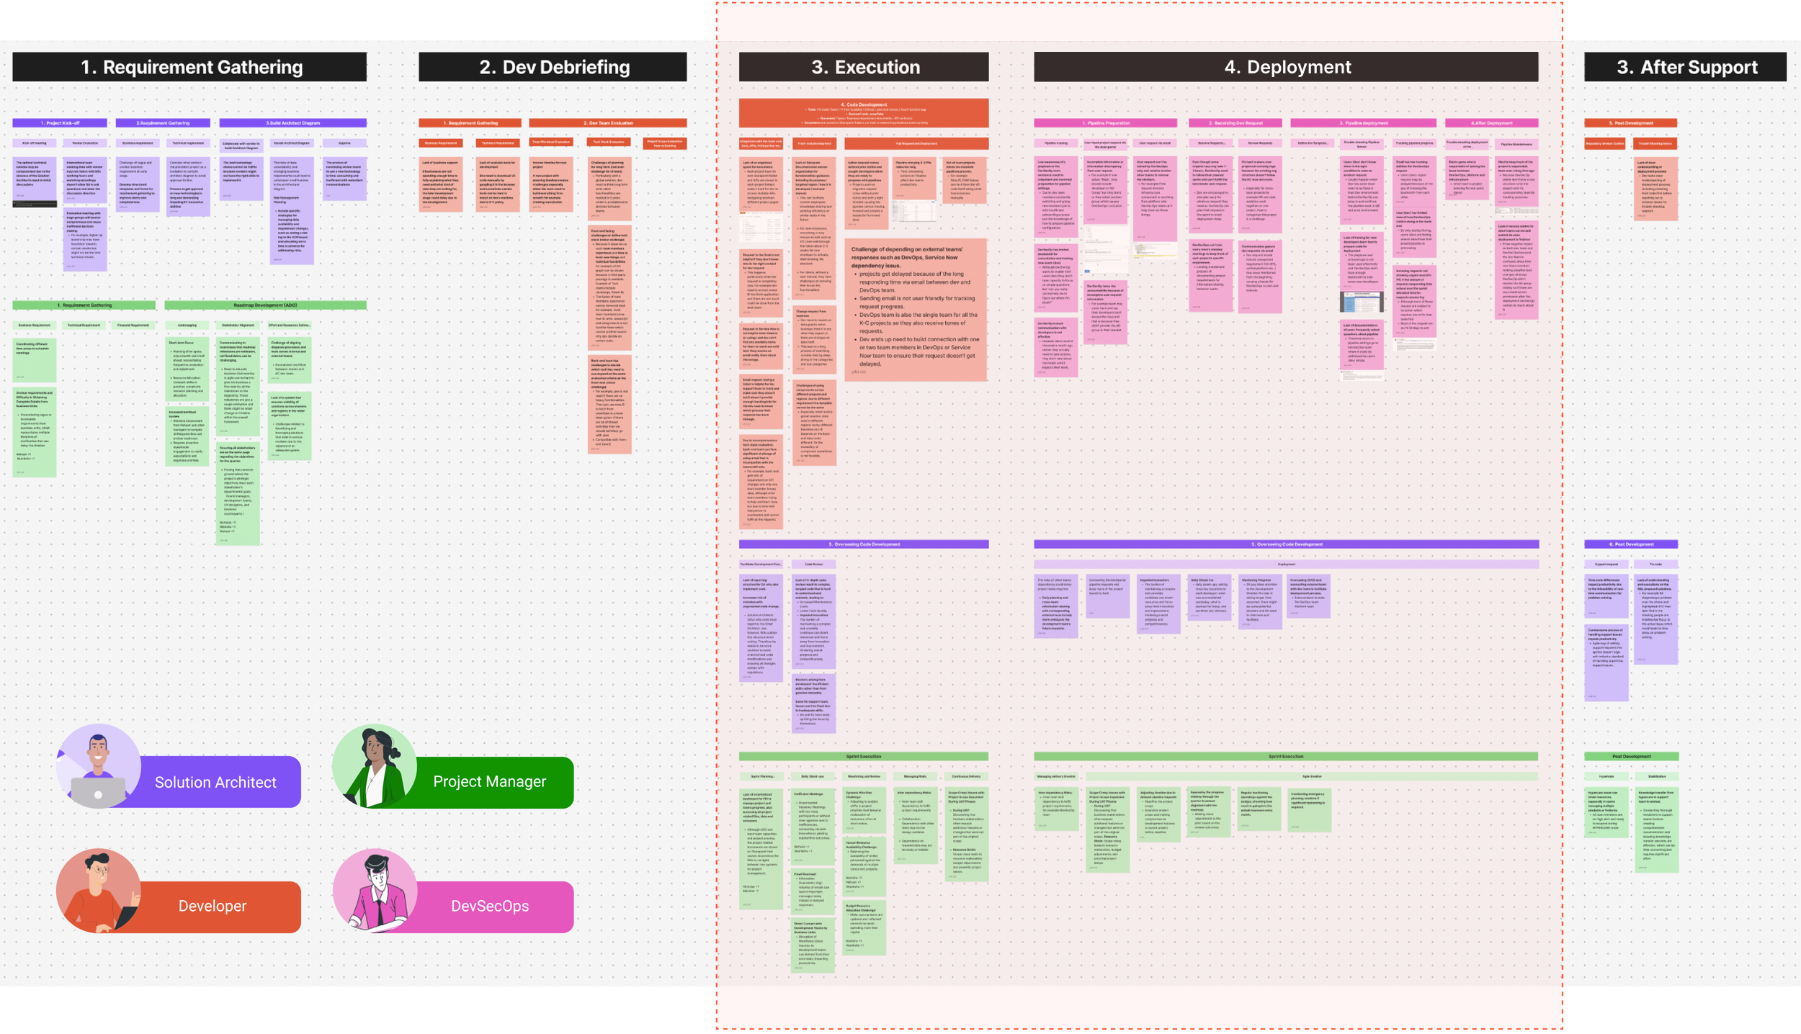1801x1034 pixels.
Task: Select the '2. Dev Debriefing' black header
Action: coord(553,67)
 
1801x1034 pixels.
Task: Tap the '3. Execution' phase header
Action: coord(864,67)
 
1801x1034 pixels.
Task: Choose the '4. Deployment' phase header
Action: coord(1286,67)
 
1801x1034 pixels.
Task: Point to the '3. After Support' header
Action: coord(1685,67)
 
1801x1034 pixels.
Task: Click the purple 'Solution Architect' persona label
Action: coord(215,782)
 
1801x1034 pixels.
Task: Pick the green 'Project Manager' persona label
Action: coord(489,781)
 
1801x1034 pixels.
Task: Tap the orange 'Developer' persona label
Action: coord(213,906)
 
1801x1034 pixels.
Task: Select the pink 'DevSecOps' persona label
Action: coord(489,906)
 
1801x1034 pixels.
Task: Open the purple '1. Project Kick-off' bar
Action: coord(60,123)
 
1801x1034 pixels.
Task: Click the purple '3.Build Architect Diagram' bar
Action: coord(292,123)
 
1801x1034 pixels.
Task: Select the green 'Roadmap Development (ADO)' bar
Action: coord(265,305)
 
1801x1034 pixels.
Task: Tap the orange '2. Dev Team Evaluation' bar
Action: coord(607,123)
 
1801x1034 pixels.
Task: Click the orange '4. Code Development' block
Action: coord(864,113)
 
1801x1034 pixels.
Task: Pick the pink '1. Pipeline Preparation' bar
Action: coord(1105,123)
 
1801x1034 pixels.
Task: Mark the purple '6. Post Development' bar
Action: coord(1631,544)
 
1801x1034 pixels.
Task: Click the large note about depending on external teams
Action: coord(915,310)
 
